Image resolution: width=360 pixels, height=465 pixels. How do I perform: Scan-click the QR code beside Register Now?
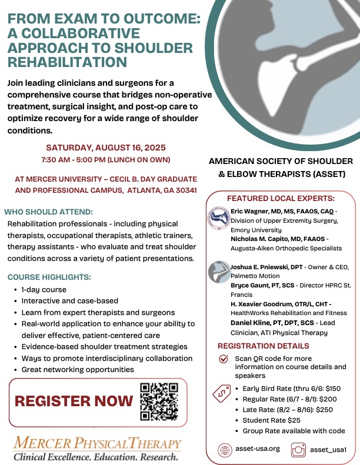point(159,402)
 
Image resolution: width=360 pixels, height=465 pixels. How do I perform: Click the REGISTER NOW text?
point(74,402)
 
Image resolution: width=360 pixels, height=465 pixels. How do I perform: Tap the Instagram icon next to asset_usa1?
point(298,450)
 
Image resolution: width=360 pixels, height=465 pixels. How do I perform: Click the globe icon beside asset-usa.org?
point(225,450)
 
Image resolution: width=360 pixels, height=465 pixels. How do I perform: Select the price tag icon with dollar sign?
point(222,393)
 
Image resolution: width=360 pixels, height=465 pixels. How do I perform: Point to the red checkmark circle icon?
point(224,359)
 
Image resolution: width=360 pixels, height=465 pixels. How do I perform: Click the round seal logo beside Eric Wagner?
point(219,218)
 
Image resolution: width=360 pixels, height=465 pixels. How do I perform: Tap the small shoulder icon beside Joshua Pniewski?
point(219,272)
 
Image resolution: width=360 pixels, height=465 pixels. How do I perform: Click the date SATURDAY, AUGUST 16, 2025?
point(106,148)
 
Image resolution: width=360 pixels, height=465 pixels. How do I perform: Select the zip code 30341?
point(186,190)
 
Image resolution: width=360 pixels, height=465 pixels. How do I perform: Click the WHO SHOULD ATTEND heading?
point(48,212)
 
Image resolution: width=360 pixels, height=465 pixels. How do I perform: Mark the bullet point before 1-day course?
point(15,290)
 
